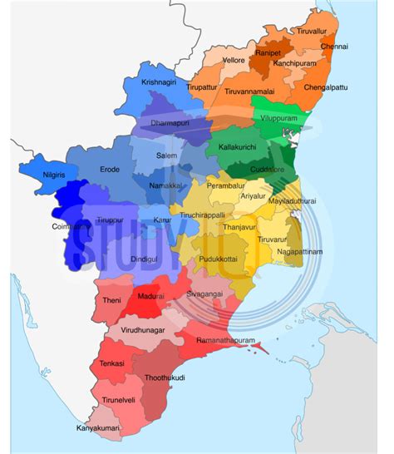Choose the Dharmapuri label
170,123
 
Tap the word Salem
166,155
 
